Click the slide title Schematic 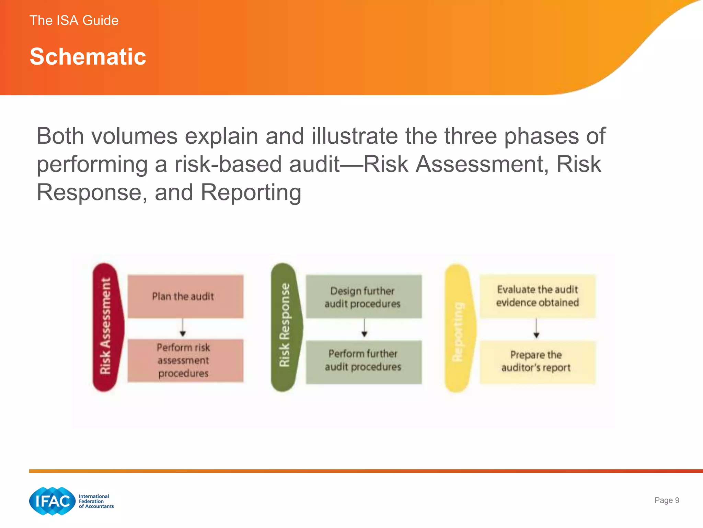(88, 57)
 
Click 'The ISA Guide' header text (74, 21)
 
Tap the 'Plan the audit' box (185, 296)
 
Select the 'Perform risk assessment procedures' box (185, 361)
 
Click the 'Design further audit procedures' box (364, 297)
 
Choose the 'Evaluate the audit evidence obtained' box (537, 296)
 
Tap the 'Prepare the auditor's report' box (537, 362)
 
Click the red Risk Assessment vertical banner (106, 327)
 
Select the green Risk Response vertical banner (285, 327)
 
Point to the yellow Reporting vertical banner (458, 328)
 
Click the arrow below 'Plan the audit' (183, 328)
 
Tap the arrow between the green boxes (365, 328)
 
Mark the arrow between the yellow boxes (536, 329)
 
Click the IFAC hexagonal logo (52, 501)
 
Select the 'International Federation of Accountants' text (96, 501)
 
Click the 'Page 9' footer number (667, 500)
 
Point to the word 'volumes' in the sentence (134, 136)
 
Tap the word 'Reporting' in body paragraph (251, 192)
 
